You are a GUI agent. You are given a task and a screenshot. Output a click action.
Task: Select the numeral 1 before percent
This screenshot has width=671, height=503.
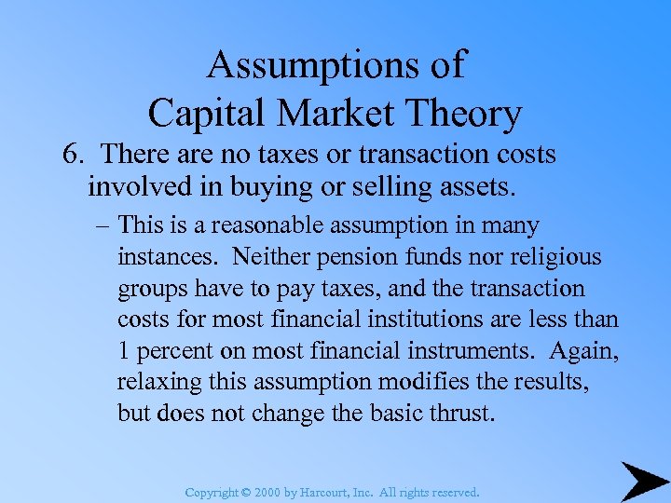click(124, 351)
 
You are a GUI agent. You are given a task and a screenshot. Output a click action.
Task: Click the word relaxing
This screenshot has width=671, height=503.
click(158, 383)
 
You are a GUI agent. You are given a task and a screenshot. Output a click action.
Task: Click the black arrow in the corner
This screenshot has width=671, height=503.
click(643, 479)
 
